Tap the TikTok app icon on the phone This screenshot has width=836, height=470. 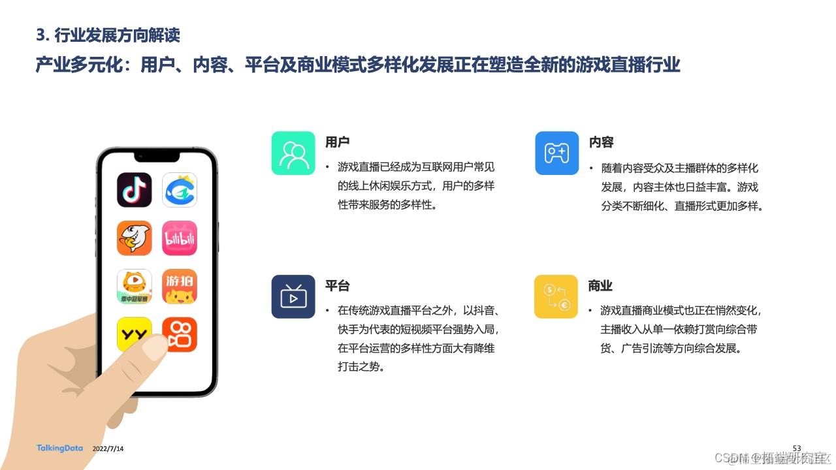(135, 190)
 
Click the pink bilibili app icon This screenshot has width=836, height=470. (180, 238)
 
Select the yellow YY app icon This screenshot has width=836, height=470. (135, 334)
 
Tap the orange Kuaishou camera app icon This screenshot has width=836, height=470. (180, 334)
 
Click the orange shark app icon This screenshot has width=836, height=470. (135, 238)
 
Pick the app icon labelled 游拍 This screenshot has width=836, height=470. (180, 287)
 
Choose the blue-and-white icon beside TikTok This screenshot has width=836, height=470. (180, 190)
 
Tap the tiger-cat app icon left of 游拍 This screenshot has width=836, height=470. (135, 287)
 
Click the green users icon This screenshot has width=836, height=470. (293, 153)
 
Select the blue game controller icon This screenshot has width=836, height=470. (556, 153)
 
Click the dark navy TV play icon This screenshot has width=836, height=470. (293, 297)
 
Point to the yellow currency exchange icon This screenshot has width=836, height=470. (556, 297)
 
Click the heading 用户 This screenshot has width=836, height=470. (338, 142)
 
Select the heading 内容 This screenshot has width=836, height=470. (601, 142)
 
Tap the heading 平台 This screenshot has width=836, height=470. (338, 286)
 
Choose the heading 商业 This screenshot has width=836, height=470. (601, 286)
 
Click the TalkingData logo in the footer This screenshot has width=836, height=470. (59, 448)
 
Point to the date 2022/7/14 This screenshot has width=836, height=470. (108, 449)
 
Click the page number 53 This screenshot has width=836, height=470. (797, 448)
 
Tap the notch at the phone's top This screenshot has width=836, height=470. (157, 157)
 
